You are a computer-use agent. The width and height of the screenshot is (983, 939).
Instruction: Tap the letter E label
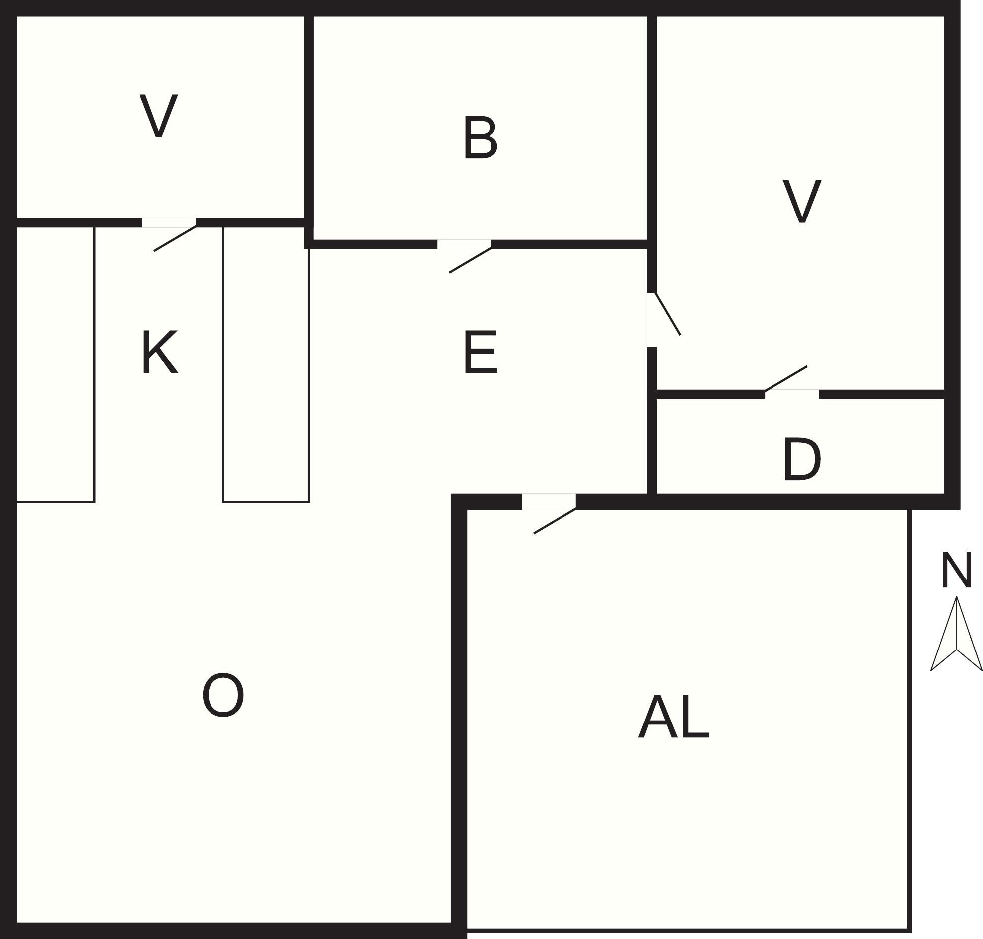click(480, 352)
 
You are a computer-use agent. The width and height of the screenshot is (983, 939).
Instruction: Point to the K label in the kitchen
click(160, 352)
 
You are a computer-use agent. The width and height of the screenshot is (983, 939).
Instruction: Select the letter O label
click(223, 695)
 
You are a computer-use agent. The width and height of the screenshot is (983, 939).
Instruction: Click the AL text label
click(674, 716)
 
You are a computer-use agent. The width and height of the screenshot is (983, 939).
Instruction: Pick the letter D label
click(802, 459)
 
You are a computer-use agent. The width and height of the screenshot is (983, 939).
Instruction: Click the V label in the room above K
click(159, 116)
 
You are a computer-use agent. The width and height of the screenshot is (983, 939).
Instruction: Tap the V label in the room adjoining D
click(802, 201)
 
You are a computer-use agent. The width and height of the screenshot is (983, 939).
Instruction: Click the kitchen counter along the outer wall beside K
click(56, 364)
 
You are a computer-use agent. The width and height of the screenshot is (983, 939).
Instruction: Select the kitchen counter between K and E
click(266, 364)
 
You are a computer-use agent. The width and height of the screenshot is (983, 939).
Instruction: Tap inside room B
click(481, 128)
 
